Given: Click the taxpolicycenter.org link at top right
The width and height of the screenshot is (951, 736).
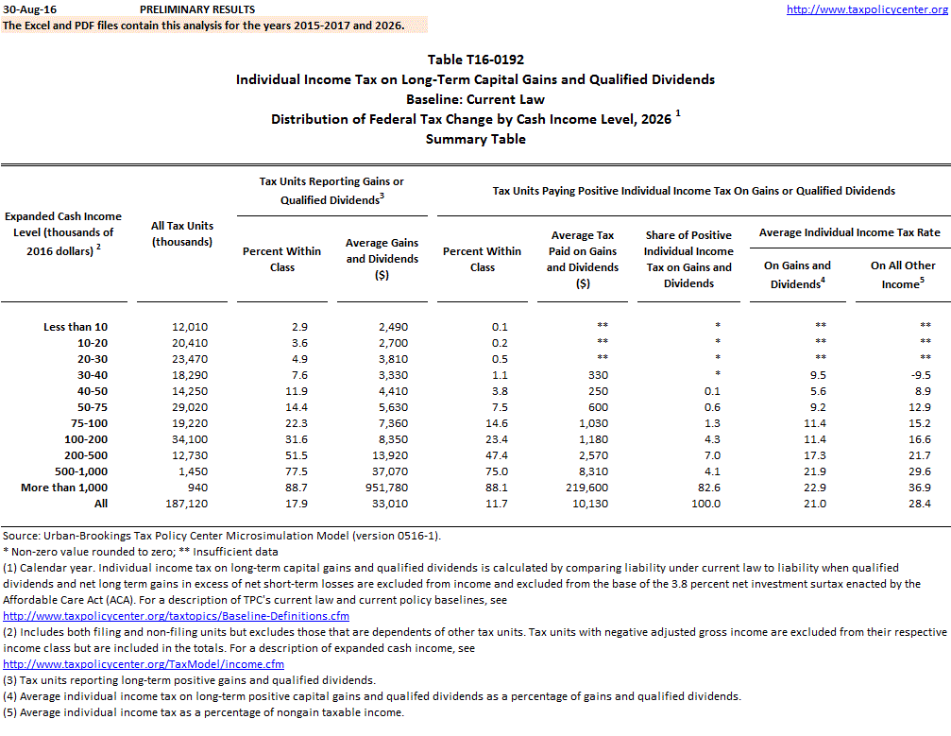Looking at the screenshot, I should [866, 9].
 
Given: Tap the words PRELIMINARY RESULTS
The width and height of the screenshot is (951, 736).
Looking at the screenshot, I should [196, 9].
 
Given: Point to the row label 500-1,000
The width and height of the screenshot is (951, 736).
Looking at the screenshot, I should [82, 471].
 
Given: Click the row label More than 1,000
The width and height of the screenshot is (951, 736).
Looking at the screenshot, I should [72, 487].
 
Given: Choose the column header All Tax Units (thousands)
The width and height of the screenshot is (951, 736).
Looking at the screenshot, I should [181, 233].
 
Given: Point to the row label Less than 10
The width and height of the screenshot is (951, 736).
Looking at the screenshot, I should [76, 326].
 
